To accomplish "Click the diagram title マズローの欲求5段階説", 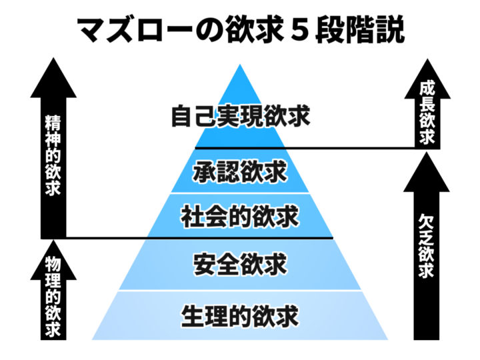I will (x=240, y=30).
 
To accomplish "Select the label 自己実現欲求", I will (x=240, y=117).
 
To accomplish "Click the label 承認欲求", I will (x=240, y=171).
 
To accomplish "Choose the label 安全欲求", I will (x=240, y=263).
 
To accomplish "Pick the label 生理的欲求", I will (x=240, y=314).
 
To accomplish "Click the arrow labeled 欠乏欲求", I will (x=427, y=247).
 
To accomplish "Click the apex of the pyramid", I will (x=240, y=65).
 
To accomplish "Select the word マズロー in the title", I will (x=137, y=31).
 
